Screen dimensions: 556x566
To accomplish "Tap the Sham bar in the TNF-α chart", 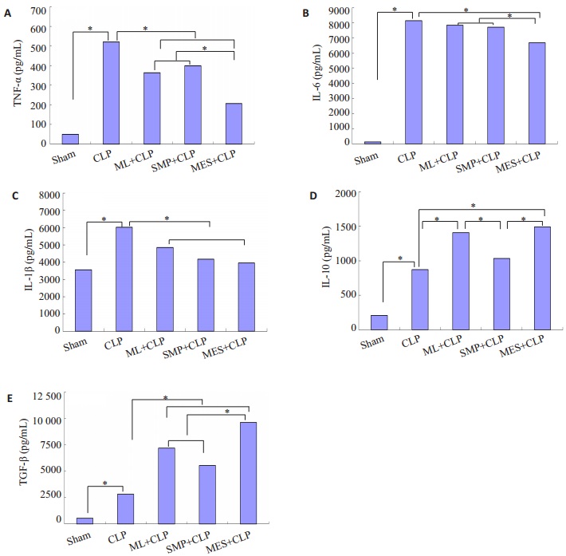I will (70, 139).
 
